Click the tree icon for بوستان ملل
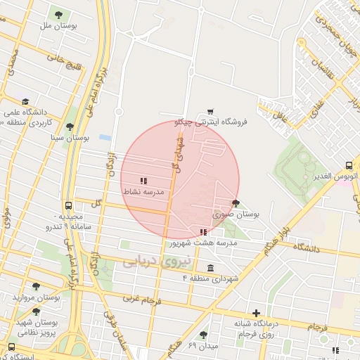click(x=58, y=15)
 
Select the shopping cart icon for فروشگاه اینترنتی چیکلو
click(x=210, y=111)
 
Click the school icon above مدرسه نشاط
click(x=143, y=181)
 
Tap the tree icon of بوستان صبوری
click(x=235, y=203)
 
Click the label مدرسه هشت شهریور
click(x=202, y=243)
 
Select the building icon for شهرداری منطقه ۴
click(x=211, y=267)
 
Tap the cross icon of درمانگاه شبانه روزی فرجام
click(x=257, y=313)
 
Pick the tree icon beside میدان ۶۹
click(x=203, y=335)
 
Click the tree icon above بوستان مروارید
click(x=37, y=286)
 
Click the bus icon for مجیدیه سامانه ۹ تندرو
click(x=67, y=205)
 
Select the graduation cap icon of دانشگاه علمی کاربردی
click(x=26, y=102)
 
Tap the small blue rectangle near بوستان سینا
click(x=105, y=137)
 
